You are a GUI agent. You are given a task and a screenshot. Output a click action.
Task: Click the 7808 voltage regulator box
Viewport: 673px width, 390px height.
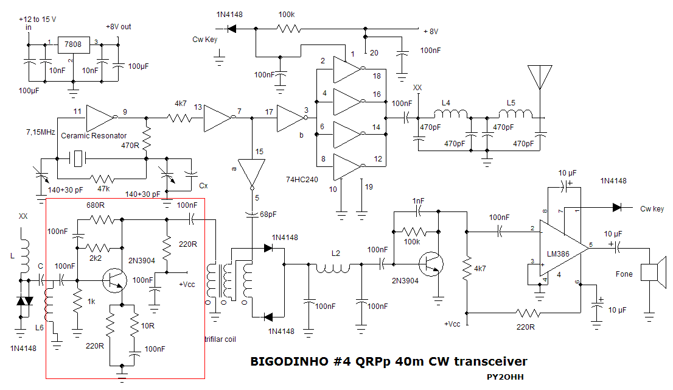coord(72,45)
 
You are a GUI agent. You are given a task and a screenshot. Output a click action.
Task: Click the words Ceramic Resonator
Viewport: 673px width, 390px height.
coord(94,135)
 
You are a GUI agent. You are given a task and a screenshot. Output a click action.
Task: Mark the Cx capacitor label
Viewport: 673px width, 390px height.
coord(204,185)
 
